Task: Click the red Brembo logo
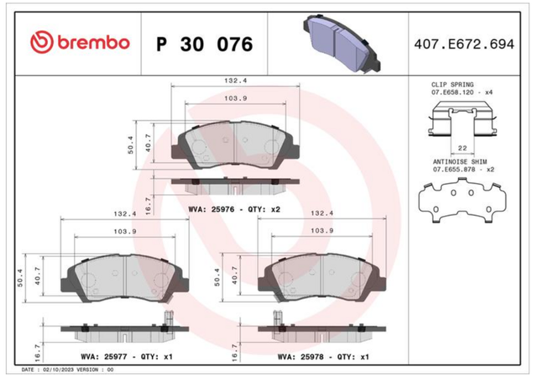(x=81, y=43)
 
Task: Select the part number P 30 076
(x=205, y=45)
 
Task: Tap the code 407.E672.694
(x=464, y=45)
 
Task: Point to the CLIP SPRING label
(x=452, y=84)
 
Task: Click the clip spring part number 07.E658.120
(x=452, y=92)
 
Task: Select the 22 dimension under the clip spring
(x=462, y=148)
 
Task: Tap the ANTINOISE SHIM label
(x=460, y=161)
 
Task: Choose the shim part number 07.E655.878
(x=454, y=170)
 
